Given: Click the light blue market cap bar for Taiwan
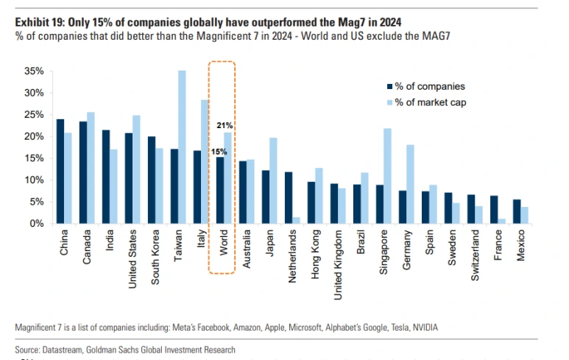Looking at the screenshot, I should (182, 147).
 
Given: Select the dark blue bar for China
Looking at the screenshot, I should (60, 171).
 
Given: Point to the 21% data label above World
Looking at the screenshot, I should (225, 126).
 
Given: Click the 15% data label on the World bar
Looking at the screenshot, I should (219, 152).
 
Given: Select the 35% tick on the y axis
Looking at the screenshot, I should (34, 71).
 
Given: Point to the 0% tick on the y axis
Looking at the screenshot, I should (37, 223).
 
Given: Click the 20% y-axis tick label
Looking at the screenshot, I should (34, 136).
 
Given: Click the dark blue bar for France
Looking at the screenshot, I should (495, 209).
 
